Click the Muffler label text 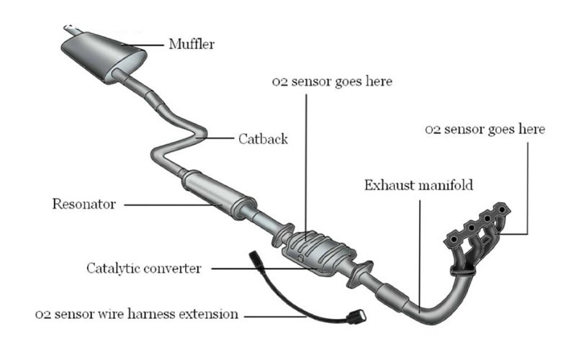coord(192,44)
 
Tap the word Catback coord(263,139)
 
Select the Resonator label coord(84,204)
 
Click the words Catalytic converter coord(143,269)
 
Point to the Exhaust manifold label coord(418,185)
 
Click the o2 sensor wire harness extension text coord(137,314)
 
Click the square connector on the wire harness coord(357,317)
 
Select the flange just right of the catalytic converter coord(359,274)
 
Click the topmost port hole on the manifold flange coord(502,209)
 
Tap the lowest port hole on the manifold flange coord(454,240)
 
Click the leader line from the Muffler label coord(143,45)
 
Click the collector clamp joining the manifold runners coord(463,272)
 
